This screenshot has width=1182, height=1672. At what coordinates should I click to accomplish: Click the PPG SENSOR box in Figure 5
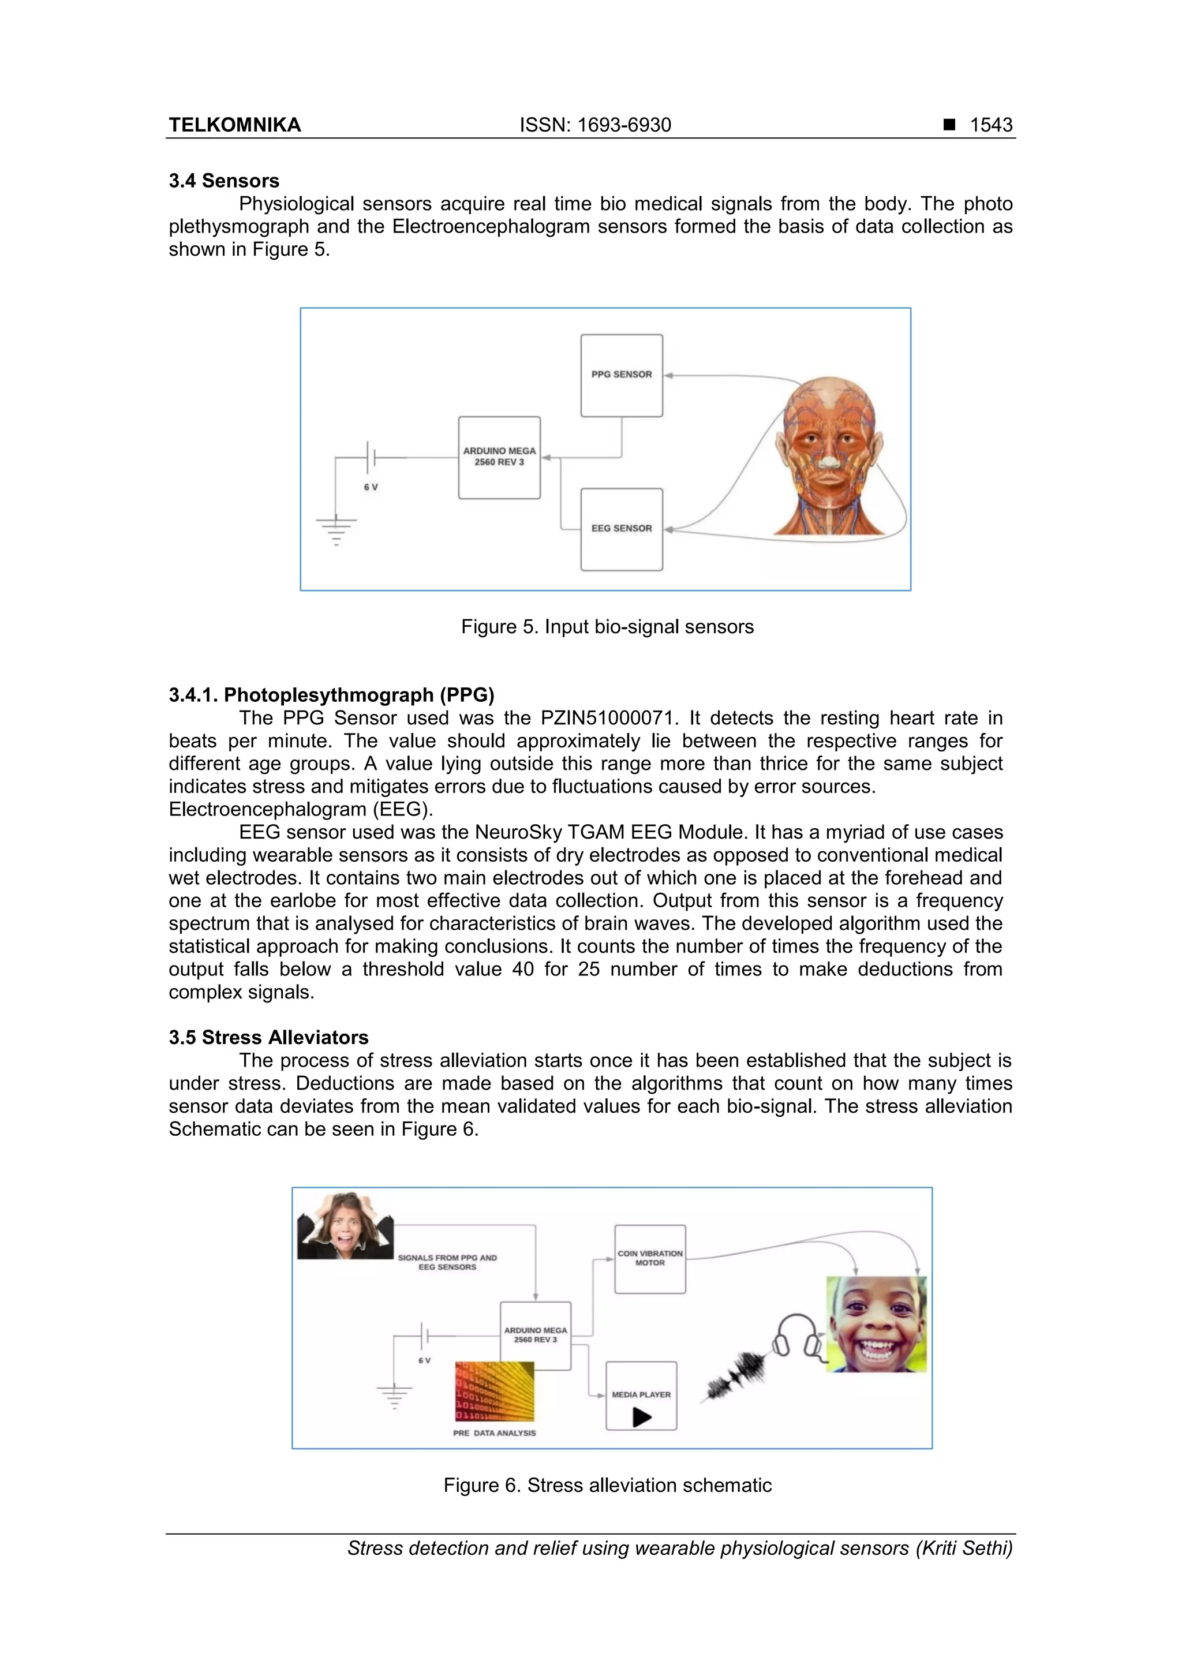point(621,375)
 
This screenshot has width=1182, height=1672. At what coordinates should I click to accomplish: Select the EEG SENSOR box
point(621,529)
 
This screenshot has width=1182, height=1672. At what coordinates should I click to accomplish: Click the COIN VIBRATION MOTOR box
point(650,1259)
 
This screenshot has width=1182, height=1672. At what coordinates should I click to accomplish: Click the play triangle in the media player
point(642,1417)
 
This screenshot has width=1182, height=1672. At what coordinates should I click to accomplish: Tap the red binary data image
point(495,1392)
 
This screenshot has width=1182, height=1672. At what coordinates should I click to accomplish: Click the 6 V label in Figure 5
point(371,487)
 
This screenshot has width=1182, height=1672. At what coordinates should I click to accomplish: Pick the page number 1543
point(990,125)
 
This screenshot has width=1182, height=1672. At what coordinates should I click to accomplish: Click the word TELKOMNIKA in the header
point(234,125)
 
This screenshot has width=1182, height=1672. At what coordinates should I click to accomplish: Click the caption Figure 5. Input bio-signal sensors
point(607,627)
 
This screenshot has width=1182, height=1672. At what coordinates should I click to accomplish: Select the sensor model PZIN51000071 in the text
point(608,718)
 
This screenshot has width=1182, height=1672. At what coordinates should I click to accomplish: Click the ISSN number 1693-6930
point(623,125)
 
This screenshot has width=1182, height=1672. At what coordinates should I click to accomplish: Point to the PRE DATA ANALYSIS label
point(494,1433)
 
